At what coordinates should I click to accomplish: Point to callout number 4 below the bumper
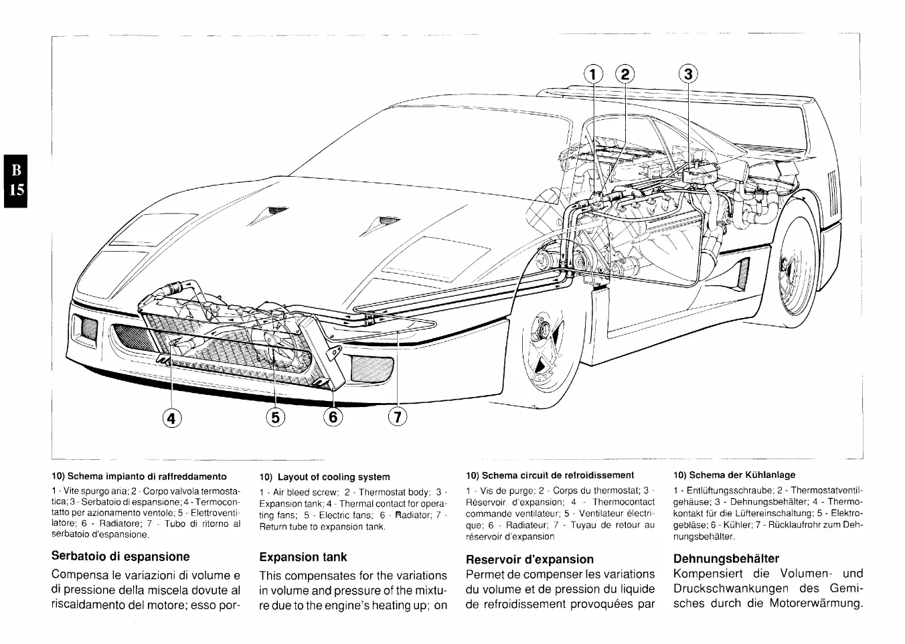pyautogui.click(x=171, y=418)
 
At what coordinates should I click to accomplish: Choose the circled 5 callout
pyautogui.click(x=275, y=418)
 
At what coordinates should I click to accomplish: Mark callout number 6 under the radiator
pyautogui.click(x=333, y=418)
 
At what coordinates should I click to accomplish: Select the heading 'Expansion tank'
pyautogui.click(x=303, y=557)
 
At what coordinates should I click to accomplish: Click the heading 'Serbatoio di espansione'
pyautogui.click(x=120, y=556)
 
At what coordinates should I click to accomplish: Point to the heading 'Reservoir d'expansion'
pyautogui.click(x=529, y=559)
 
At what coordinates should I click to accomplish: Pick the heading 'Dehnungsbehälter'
pyautogui.click(x=726, y=558)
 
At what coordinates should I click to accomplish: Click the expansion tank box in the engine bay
pyautogui.click(x=699, y=175)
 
